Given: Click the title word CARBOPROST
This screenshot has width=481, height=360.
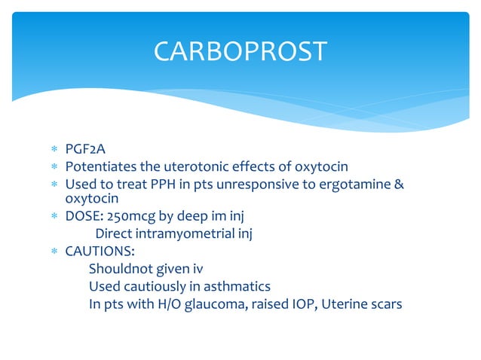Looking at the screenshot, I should tap(240, 51).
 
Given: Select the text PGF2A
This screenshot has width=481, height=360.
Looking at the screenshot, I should tap(85, 151).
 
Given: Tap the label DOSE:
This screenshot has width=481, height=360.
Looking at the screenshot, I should tap(84, 218).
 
